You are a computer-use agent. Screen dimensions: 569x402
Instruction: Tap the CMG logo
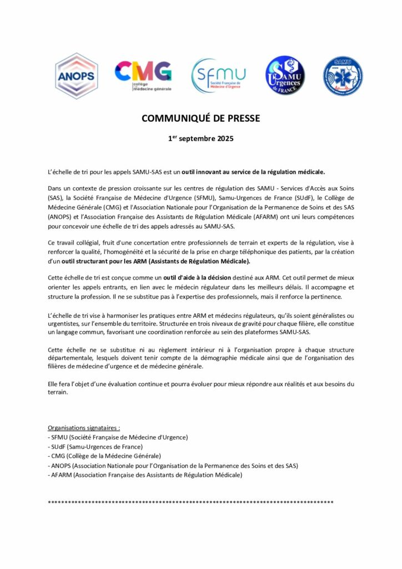click(x=143, y=76)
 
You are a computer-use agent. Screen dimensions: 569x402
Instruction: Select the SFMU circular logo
click(x=218, y=76)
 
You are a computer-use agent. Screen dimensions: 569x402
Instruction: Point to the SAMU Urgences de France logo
click(x=285, y=76)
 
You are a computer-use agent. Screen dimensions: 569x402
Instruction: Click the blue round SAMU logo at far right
click(x=343, y=76)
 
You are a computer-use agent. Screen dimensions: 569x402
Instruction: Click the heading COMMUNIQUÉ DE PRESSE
click(x=200, y=118)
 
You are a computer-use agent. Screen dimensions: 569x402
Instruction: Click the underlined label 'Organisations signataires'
click(x=83, y=428)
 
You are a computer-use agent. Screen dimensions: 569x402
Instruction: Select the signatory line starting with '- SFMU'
click(x=118, y=437)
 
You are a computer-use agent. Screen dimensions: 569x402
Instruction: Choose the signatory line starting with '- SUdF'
click(x=95, y=447)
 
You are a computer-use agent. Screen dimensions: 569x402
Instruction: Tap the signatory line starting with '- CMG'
click(x=104, y=456)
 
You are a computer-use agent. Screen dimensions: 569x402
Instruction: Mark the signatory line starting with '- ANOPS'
click(x=173, y=466)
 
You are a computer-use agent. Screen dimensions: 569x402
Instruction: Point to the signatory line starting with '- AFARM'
click(x=145, y=475)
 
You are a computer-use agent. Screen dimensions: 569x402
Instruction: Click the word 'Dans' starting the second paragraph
click(x=56, y=189)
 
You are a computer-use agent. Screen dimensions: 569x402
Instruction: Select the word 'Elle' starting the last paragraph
click(x=53, y=384)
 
